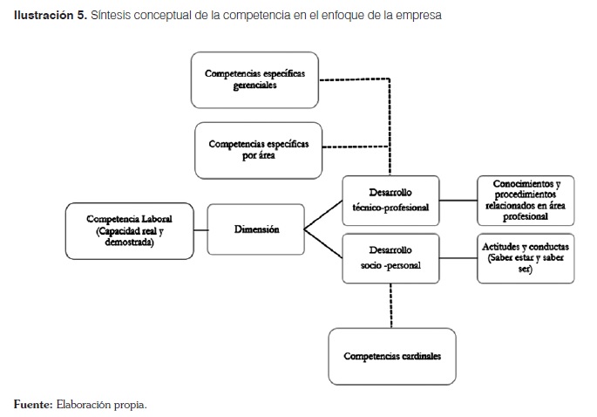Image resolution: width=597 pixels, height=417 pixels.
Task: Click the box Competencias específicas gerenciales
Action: coord(254,79)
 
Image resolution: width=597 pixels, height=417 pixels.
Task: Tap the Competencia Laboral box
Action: coord(128,230)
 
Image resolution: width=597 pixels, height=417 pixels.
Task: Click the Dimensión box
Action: coord(256,230)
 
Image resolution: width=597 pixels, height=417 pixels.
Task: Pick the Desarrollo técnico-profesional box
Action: coord(390,201)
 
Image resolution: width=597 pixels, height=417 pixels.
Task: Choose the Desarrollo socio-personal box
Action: coord(390,258)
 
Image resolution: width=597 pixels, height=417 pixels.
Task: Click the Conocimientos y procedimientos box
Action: coord(526,201)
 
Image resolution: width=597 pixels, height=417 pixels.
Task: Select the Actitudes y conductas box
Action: coord(526,258)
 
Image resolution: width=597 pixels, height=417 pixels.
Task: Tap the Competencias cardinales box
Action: coord(391,356)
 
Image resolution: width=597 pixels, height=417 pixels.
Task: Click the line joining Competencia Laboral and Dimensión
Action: coord(199,230)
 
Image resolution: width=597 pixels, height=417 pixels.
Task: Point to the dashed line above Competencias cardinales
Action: coord(390,305)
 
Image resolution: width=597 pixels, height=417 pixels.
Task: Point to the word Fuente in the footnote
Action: coord(32,404)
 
